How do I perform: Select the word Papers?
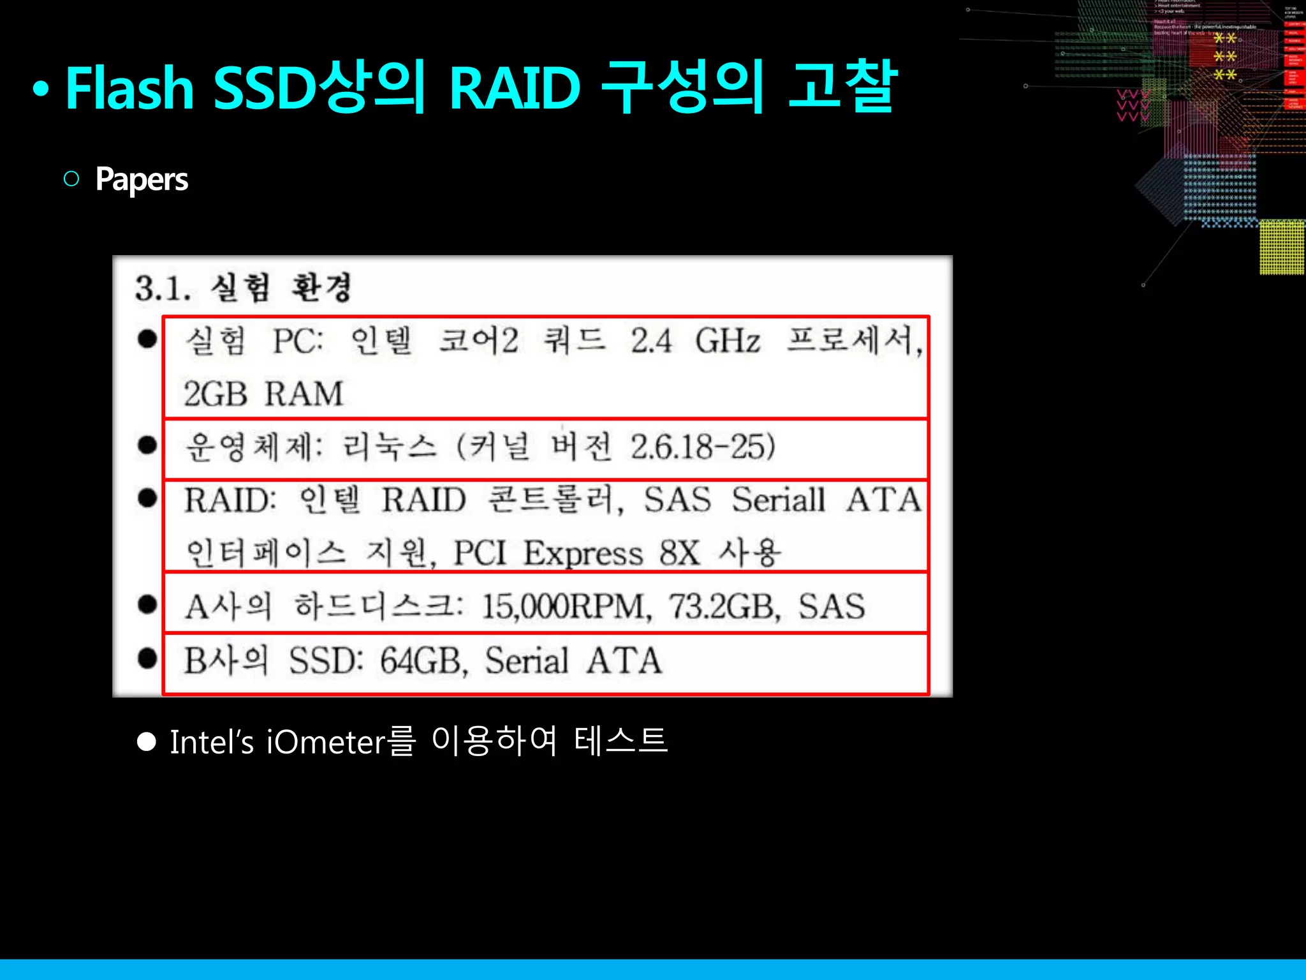coord(142,179)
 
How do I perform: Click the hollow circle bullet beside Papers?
coord(71,179)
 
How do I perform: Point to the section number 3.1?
coord(163,288)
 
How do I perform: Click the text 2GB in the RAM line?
coord(215,394)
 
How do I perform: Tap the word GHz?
coord(728,341)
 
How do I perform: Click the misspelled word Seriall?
coord(778,500)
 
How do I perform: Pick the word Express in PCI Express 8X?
coord(583,553)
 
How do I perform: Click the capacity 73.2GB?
coord(724,606)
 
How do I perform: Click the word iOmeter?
coord(325,742)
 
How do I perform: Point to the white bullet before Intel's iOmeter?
coord(147,742)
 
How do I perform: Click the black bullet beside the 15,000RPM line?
coord(147,604)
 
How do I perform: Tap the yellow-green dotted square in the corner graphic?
coord(1282,247)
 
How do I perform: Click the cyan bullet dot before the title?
coord(41,90)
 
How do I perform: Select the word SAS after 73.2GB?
coord(832,606)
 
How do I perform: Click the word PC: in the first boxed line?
coord(298,341)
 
